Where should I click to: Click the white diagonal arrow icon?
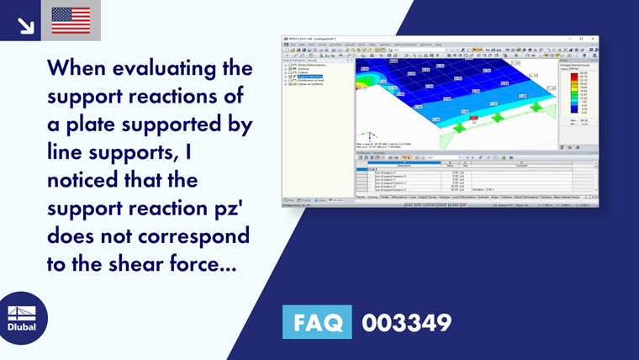(x=25, y=24)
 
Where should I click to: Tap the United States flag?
(x=71, y=21)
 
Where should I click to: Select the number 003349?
(x=407, y=322)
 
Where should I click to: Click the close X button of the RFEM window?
(x=594, y=39)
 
